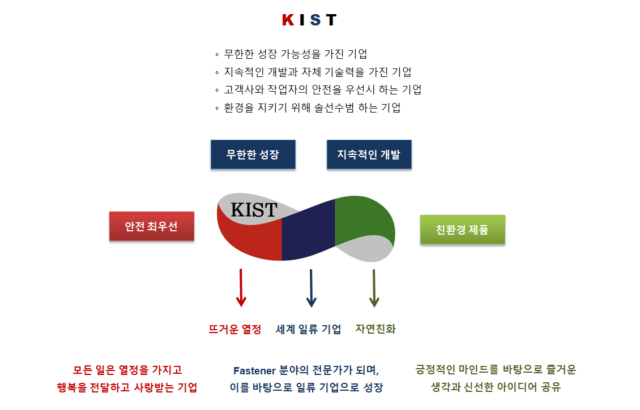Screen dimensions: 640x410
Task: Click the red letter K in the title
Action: [288, 20]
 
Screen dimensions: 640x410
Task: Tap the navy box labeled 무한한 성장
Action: [253, 154]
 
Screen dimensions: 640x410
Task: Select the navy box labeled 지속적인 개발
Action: [369, 154]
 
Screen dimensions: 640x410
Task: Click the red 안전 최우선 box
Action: [152, 226]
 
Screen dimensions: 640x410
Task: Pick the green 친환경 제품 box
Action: [463, 230]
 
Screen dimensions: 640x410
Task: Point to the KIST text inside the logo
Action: [254, 210]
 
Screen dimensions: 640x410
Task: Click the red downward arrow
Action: [241, 288]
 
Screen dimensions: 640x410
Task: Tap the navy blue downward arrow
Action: [311, 288]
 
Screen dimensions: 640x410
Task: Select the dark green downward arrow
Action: [374, 288]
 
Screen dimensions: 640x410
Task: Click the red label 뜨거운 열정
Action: [234, 329]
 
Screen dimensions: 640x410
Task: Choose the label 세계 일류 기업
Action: [308, 329]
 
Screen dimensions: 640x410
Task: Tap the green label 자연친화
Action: [376, 329]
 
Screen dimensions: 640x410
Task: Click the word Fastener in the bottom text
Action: [255, 370]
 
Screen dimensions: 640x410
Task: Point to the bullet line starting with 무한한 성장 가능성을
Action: [292, 54]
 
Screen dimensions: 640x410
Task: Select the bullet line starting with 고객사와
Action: [318, 90]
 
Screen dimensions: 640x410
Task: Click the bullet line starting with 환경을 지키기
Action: [308, 107]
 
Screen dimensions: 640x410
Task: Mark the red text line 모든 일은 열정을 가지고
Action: [127, 370]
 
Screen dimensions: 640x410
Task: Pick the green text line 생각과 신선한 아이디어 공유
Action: [496, 387]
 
